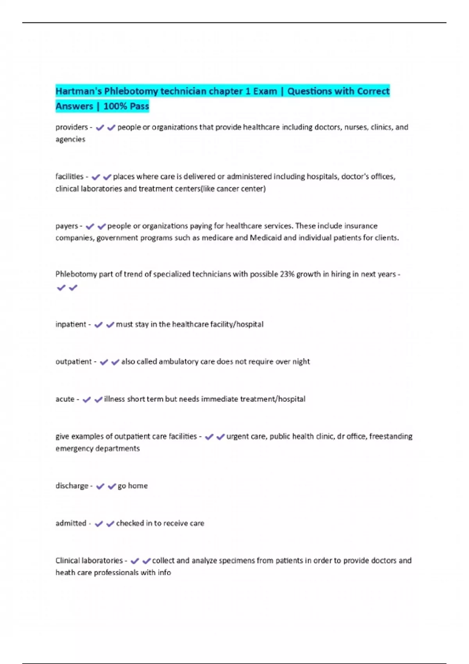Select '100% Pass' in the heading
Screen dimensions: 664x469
click(126, 106)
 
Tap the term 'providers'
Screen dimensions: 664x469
click(72, 127)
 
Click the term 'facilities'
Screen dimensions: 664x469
click(69, 177)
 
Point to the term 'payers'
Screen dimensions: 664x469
click(66, 226)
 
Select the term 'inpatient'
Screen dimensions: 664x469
click(71, 324)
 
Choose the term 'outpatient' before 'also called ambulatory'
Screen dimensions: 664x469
click(73, 362)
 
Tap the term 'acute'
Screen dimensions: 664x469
click(65, 399)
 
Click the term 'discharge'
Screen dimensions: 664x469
click(72, 486)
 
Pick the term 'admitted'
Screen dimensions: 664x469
click(71, 523)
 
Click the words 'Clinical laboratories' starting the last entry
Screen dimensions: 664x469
click(89, 560)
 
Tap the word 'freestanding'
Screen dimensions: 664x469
click(391, 436)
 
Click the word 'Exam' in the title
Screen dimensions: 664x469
click(265, 91)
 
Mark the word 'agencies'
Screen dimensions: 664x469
click(70, 139)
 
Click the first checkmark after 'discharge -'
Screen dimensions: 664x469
click(100, 486)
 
